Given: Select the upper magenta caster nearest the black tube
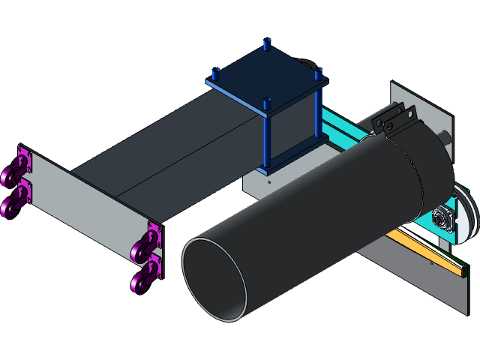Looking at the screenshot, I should [145, 244].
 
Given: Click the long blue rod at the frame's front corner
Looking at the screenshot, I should [267, 139].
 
